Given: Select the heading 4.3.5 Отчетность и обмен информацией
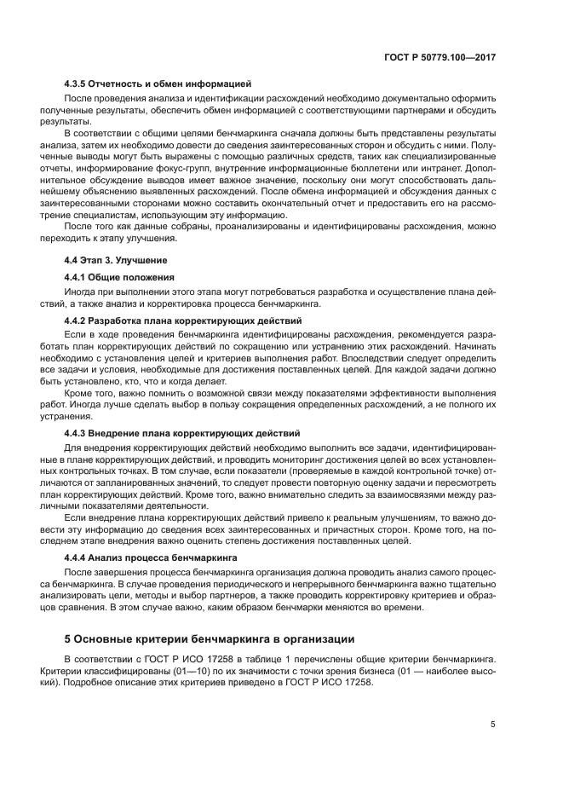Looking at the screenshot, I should pyautogui.click(x=158, y=85).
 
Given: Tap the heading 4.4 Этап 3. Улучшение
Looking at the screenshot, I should pyautogui.click(x=115, y=259).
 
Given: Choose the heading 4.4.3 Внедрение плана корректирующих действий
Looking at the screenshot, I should pyautogui.click(x=181, y=434).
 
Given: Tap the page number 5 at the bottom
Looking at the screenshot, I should pyautogui.click(x=493, y=725).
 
